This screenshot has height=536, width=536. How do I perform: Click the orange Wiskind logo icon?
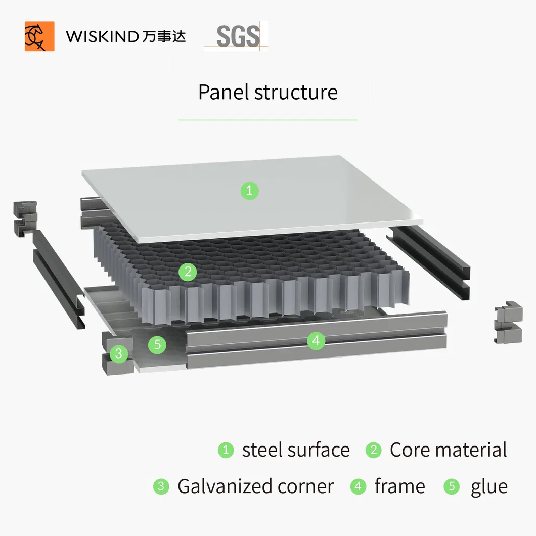coord(39,36)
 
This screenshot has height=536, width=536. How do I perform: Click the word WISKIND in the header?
coord(102,37)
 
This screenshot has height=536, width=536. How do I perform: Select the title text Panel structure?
coord(267,93)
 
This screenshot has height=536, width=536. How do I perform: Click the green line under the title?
coord(267,120)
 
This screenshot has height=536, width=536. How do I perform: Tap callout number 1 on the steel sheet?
coord(249,191)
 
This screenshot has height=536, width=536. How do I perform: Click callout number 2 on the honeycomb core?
coord(188,273)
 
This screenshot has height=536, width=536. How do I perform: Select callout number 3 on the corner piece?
coord(119,353)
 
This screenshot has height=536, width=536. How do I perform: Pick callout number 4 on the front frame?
coord(316,341)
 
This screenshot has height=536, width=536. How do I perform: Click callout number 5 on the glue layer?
coord(157,345)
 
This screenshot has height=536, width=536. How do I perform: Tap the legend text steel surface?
coord(296,450)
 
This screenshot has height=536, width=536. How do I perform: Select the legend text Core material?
coord(448,450)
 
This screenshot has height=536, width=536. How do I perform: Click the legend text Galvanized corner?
coord(255,486)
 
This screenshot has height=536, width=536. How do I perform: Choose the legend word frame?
coord(399,486)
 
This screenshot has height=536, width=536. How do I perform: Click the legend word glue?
coord(488,486)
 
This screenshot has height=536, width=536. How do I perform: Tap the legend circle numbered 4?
coord(358,486)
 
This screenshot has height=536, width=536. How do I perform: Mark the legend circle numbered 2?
coord(373,450)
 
